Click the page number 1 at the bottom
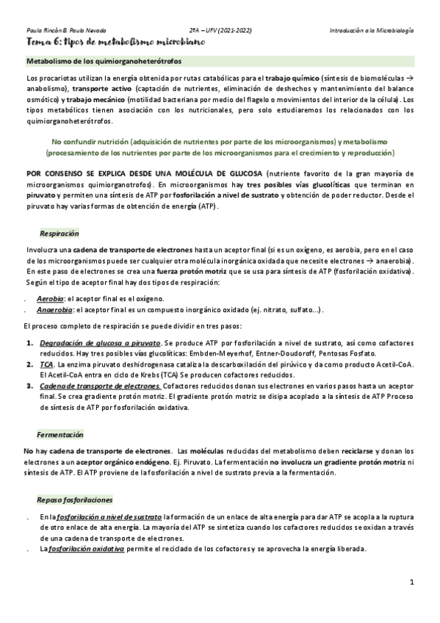412,582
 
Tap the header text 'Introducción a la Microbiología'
371,31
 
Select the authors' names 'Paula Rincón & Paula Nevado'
67,31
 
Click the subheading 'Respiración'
58,232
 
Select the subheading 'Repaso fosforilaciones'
75,500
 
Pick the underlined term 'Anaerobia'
53,310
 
